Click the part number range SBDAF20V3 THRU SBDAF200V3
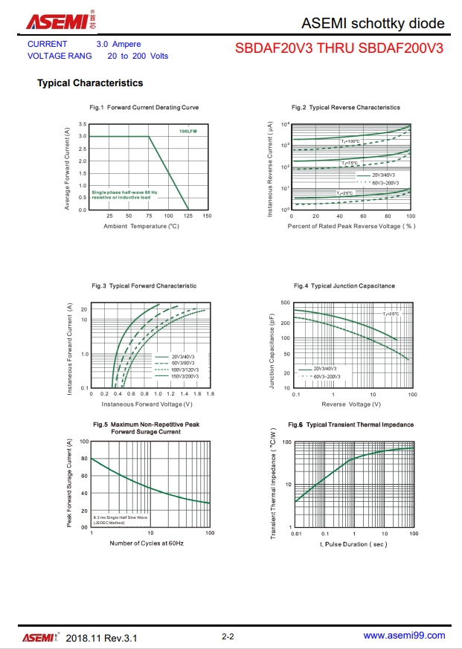339,49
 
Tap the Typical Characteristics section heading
90,83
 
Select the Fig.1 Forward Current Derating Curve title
144,108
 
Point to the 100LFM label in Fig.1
188,131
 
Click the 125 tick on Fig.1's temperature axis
187,216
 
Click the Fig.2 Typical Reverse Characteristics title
345,108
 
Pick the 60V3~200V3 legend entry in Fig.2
385,182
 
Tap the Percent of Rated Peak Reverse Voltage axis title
351,226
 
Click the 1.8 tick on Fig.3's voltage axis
210,394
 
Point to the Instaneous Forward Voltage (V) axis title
147,404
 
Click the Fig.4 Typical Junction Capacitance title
344,285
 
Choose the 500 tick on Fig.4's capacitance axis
286,303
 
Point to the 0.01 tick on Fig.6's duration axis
296,534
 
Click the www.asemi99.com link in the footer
404,636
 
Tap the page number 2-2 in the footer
228,637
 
